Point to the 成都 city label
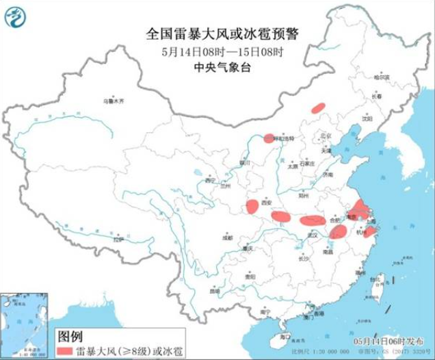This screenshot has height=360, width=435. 227,238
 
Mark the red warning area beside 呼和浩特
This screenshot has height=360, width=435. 269,138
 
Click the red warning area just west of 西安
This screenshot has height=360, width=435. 252,206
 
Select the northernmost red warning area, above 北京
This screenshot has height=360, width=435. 318,107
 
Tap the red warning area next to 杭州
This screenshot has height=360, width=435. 370,232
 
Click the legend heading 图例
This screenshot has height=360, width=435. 70,335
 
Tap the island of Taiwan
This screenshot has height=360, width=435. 382,282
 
